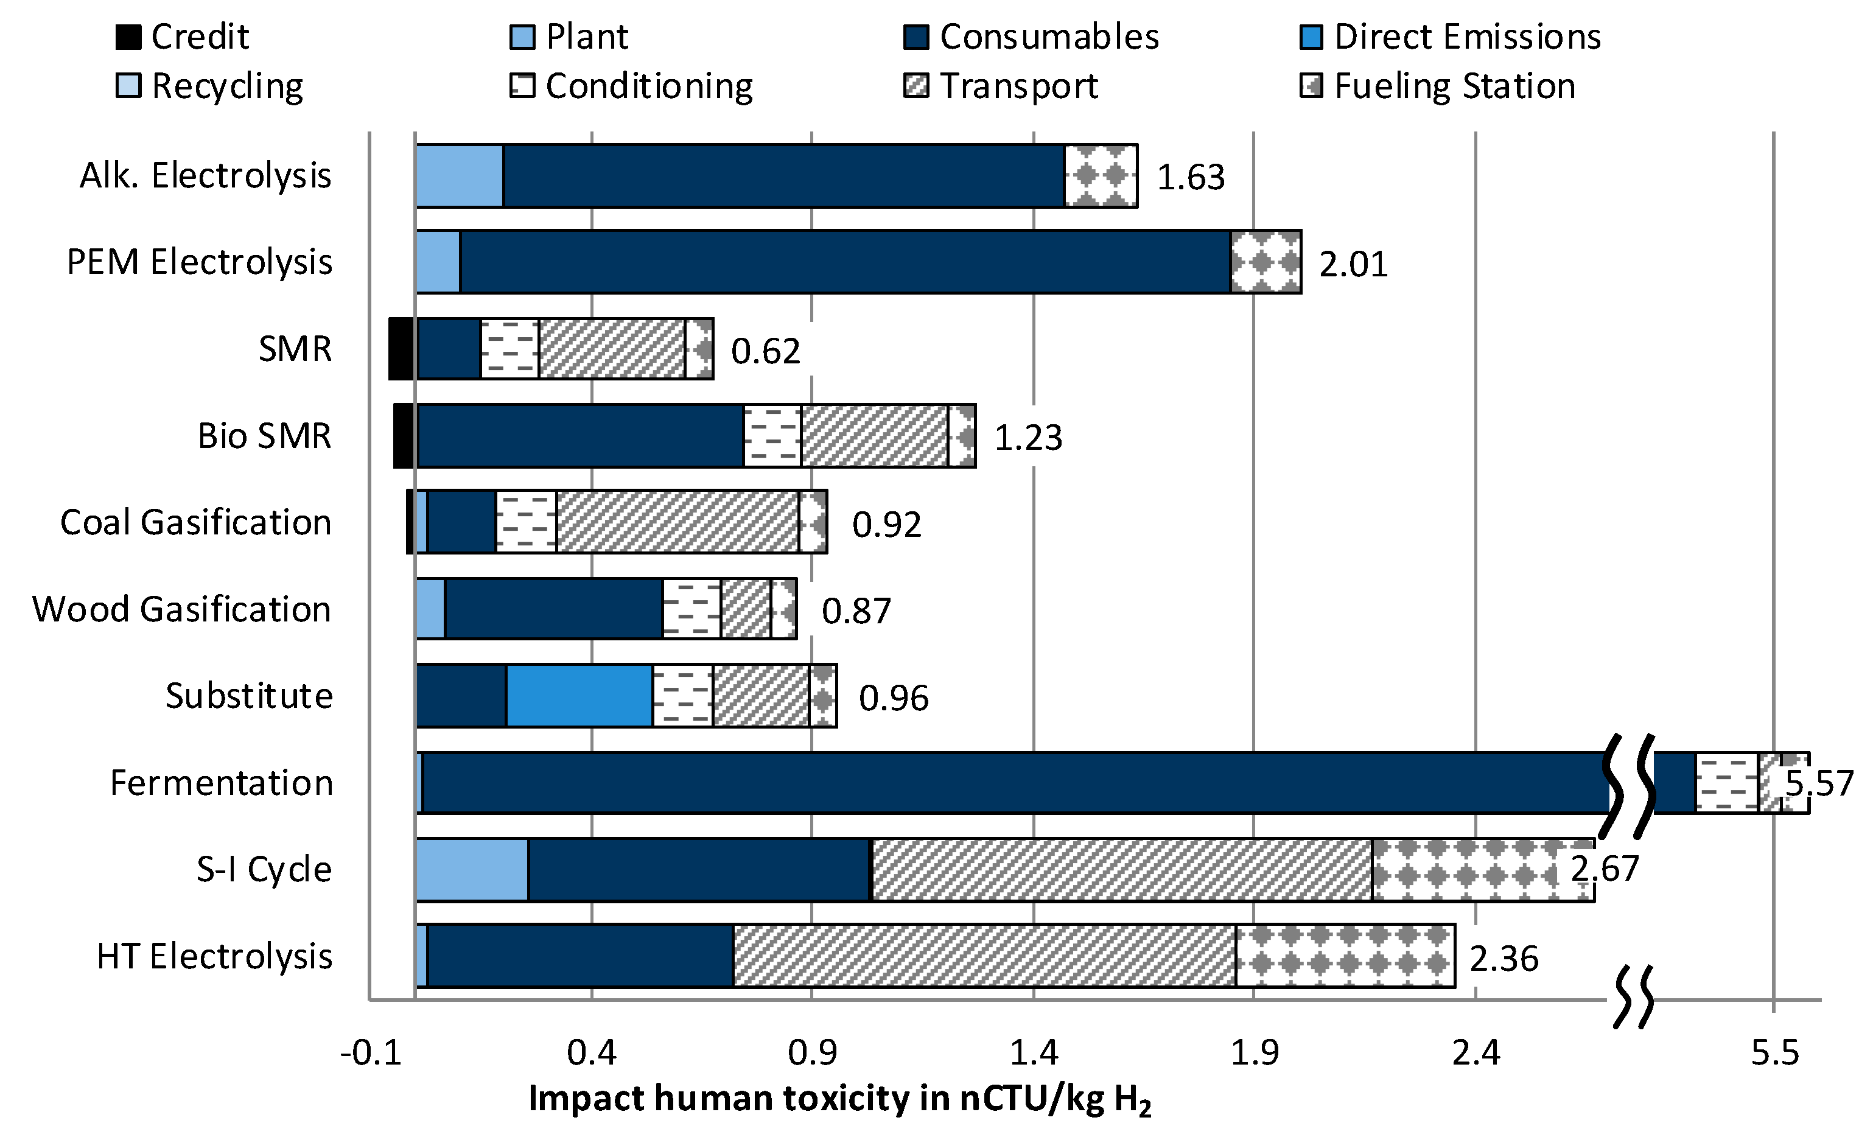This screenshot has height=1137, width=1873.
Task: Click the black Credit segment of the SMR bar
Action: [401, 349]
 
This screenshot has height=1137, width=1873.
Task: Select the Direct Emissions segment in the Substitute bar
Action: [579, 696]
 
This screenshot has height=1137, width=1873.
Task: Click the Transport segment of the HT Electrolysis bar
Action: [984, 956]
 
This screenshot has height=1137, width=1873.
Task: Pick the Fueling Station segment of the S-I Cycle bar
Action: [1482, 870]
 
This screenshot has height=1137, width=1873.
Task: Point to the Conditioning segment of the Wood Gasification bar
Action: [691, 609]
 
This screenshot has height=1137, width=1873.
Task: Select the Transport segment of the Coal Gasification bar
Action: [677, 522]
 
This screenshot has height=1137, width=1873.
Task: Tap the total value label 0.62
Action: [766, 351]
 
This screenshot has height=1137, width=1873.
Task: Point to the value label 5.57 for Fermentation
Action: [1819, 783]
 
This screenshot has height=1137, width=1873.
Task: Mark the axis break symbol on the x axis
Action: [1633, 996]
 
